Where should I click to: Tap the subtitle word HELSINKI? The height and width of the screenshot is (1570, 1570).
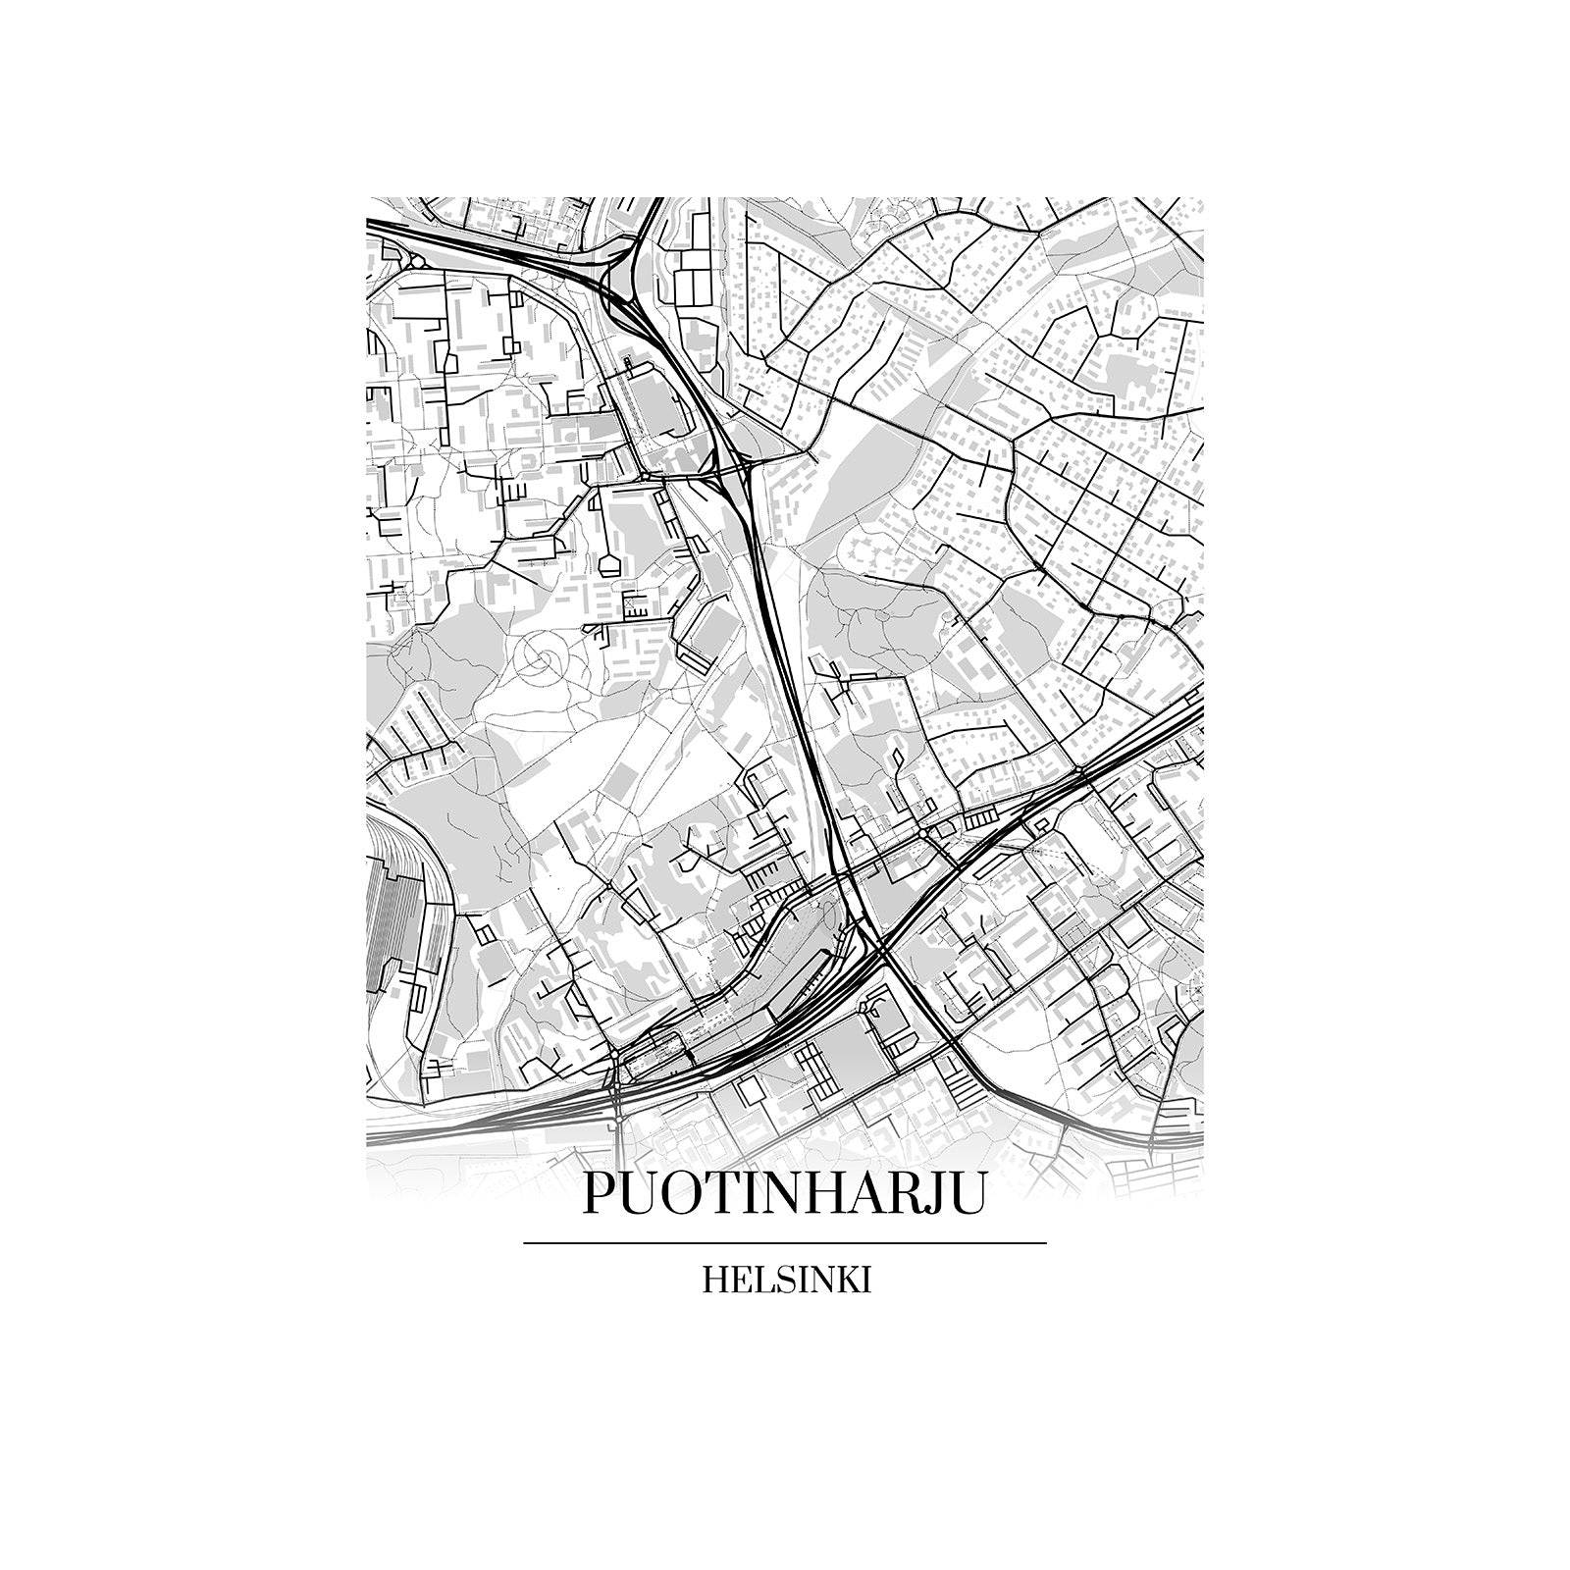click(786, 1282)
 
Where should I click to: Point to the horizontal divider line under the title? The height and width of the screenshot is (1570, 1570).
click(785, 1243)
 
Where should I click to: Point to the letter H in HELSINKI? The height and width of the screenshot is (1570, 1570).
click(714, 1282)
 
